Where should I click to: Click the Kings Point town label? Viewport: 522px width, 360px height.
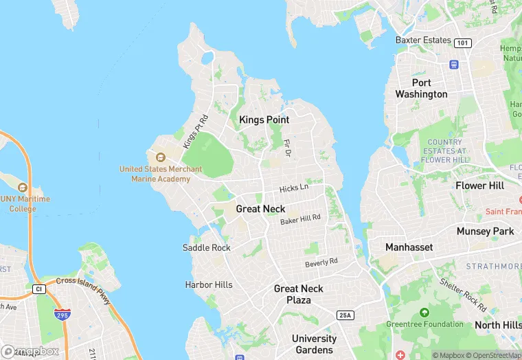[264, 120]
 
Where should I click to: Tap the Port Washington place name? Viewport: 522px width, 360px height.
[421, 88]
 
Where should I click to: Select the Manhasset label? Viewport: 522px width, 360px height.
[409, 247]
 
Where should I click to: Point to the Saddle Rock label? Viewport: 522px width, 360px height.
[206, 247]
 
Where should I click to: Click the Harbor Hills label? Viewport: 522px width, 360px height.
[209, 284]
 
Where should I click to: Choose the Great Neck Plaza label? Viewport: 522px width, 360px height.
[299, 294]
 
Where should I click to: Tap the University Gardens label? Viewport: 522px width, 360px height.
[314, 344]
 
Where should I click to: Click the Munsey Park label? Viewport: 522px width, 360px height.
[485, 232]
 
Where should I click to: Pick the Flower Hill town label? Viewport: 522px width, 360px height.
[479, 185]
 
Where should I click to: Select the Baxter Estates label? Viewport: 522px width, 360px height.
[423, 40]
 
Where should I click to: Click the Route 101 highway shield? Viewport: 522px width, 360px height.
[463, 43]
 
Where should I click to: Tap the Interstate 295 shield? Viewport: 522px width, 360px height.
[62, 314]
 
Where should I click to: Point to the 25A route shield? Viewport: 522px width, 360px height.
[345, 315]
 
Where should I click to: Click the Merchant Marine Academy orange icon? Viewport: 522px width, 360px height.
[160, 158]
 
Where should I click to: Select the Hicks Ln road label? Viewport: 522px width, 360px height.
[294, 188]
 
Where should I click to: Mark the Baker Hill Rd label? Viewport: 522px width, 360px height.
[300, 220]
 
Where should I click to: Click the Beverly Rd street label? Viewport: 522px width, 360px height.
[321, 262]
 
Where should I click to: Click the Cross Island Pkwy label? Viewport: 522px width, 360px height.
[83, 289]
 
